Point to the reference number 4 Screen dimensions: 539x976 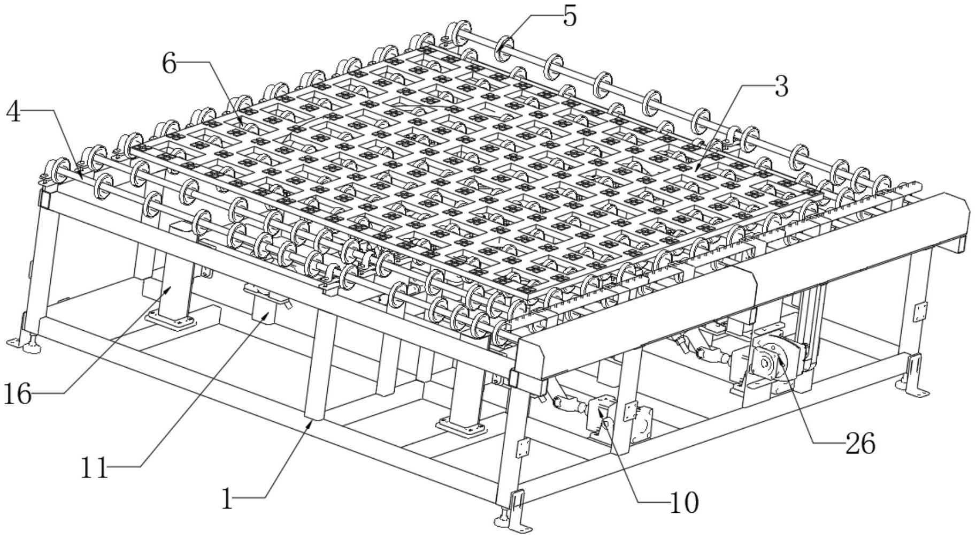(x=13, y=112)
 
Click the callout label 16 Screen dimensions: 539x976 (x=17, y=394)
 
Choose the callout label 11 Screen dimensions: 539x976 (x=94, y=468)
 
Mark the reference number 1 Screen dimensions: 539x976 (x=228, y=500)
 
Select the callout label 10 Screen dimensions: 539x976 (x=683, y=503)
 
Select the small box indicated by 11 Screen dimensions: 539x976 (x=265, y=310)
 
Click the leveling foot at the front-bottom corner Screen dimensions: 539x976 (x=505, y=518)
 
